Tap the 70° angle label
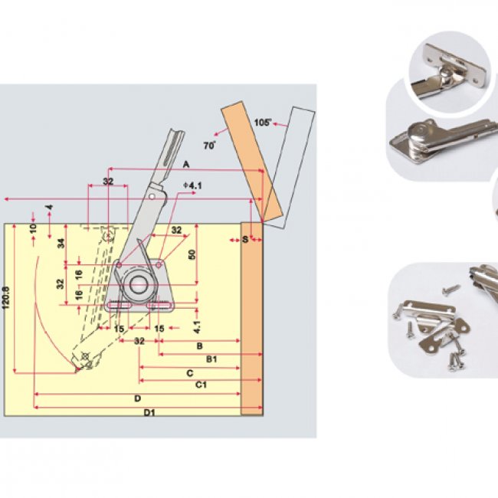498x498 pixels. (209, 144)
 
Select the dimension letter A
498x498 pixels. (185, 163)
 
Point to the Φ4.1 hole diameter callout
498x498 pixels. (193, 185)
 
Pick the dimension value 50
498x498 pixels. (192, 254)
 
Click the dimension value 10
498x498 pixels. (33, 228)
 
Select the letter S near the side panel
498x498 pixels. (245, 240)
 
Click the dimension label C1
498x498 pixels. (201, 385)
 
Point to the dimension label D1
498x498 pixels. (150, 412)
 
